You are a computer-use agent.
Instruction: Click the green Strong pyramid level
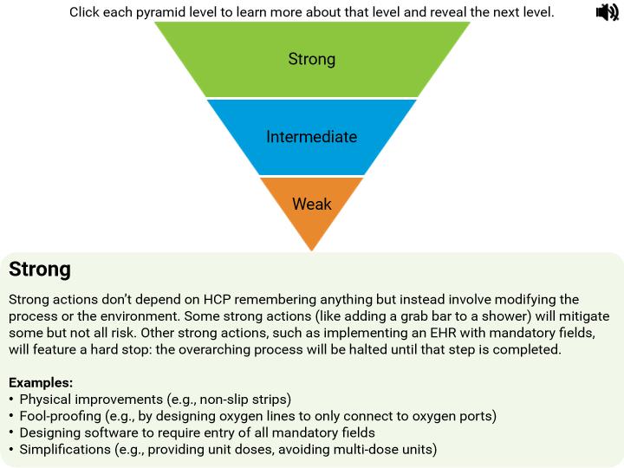pyautogui.click(x=312, y=59)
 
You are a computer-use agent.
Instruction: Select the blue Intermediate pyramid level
pyautogui.click(x=312, y=137)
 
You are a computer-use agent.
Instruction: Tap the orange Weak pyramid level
pyautogui.click(x=312, y=205)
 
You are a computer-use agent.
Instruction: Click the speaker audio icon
pyautogui.click(x=607, y=12)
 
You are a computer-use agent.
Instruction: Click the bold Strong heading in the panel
pyautogui.click(x=40, y=270)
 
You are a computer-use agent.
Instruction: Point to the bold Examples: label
pyautogui.click(x=41, y=382)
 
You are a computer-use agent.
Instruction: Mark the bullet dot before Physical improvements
pyautogui.click(x=11, y=400)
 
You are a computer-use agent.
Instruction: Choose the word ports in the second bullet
pyautogui.click(x=478, y=416)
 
